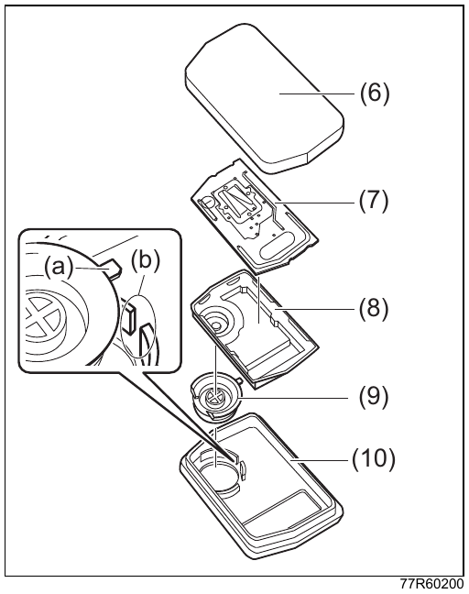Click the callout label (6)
tap(374, 93)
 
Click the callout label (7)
tap(374, 201)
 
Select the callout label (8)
tap(374, 308)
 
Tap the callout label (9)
tap(374, 396)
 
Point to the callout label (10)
tap(373, 459)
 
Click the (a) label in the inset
tap(59, 268)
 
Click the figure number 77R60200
tap(431, 585)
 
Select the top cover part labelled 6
tap(265, 98)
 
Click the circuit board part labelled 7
tap(255, 216)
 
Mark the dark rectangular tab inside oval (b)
tap(131, 320)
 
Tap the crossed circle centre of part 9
tap(216, 398)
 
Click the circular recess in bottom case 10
tap(218, 477)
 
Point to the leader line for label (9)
tap(294, 398)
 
